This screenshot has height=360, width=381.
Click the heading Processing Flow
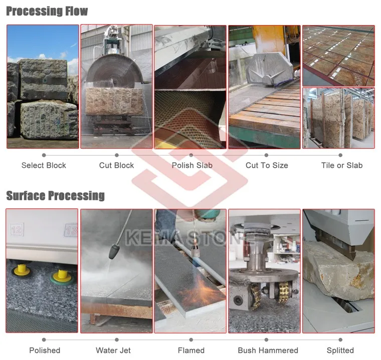pyautogui.click(x=47, y=11)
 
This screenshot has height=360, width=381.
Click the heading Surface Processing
pyautogui.click(x=55, y=195)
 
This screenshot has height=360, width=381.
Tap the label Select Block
pyautogui.click(x=44, y=165)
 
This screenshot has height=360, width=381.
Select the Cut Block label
pyautogui.click(x=116, y=165)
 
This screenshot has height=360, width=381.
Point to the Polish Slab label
pyautogui.click(x=192, y=165)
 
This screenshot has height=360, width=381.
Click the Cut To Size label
pyautogui.click(x=267, y=165)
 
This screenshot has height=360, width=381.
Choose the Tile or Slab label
pyautogui.click(x=342, y=165)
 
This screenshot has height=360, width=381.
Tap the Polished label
pyautogui.click(x=45, y=350)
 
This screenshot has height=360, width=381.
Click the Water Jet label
pyautogui.click(x=113, y=350)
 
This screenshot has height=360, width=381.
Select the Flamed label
pyautogui.click(x=191, y=350)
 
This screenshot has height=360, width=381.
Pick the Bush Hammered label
pyautogui.click(x=268, y=350)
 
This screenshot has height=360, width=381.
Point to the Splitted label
pyautogui.click(x=340, y=350)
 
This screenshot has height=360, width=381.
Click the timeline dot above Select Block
pyautogui.click(x=44, y=155)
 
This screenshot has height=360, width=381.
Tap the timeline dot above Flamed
pyautogui.click(x=191, y=340)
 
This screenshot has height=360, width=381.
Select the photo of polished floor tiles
pyautogui.click(x=338, y=55)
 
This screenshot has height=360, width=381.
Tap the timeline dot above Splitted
pyautogui.click(x=340, y=340)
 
